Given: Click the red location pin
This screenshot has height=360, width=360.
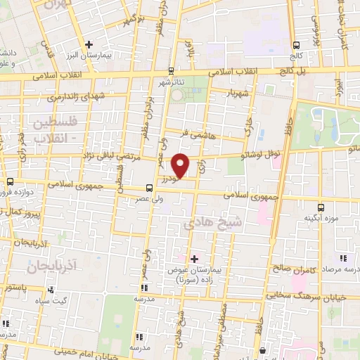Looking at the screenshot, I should (x=181, y=165).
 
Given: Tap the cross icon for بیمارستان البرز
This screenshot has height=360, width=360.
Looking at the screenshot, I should (x=89, y=44).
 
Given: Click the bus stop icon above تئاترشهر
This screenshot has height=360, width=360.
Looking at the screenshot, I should (x=172, y=70).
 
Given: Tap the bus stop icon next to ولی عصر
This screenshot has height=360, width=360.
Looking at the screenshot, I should (x=148, y=188).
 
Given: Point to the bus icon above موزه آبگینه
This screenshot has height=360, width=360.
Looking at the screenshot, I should (x=321, y=207).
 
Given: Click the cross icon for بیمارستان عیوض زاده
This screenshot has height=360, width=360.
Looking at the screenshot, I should (x=194, y=259).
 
